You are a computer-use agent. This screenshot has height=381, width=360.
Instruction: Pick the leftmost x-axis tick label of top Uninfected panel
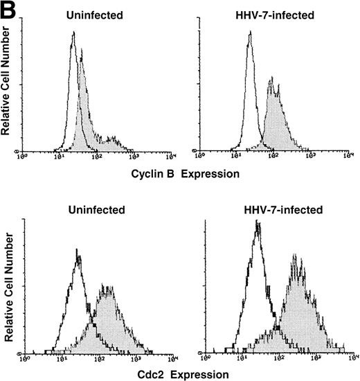pyautogui.click(x=21, y=159)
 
